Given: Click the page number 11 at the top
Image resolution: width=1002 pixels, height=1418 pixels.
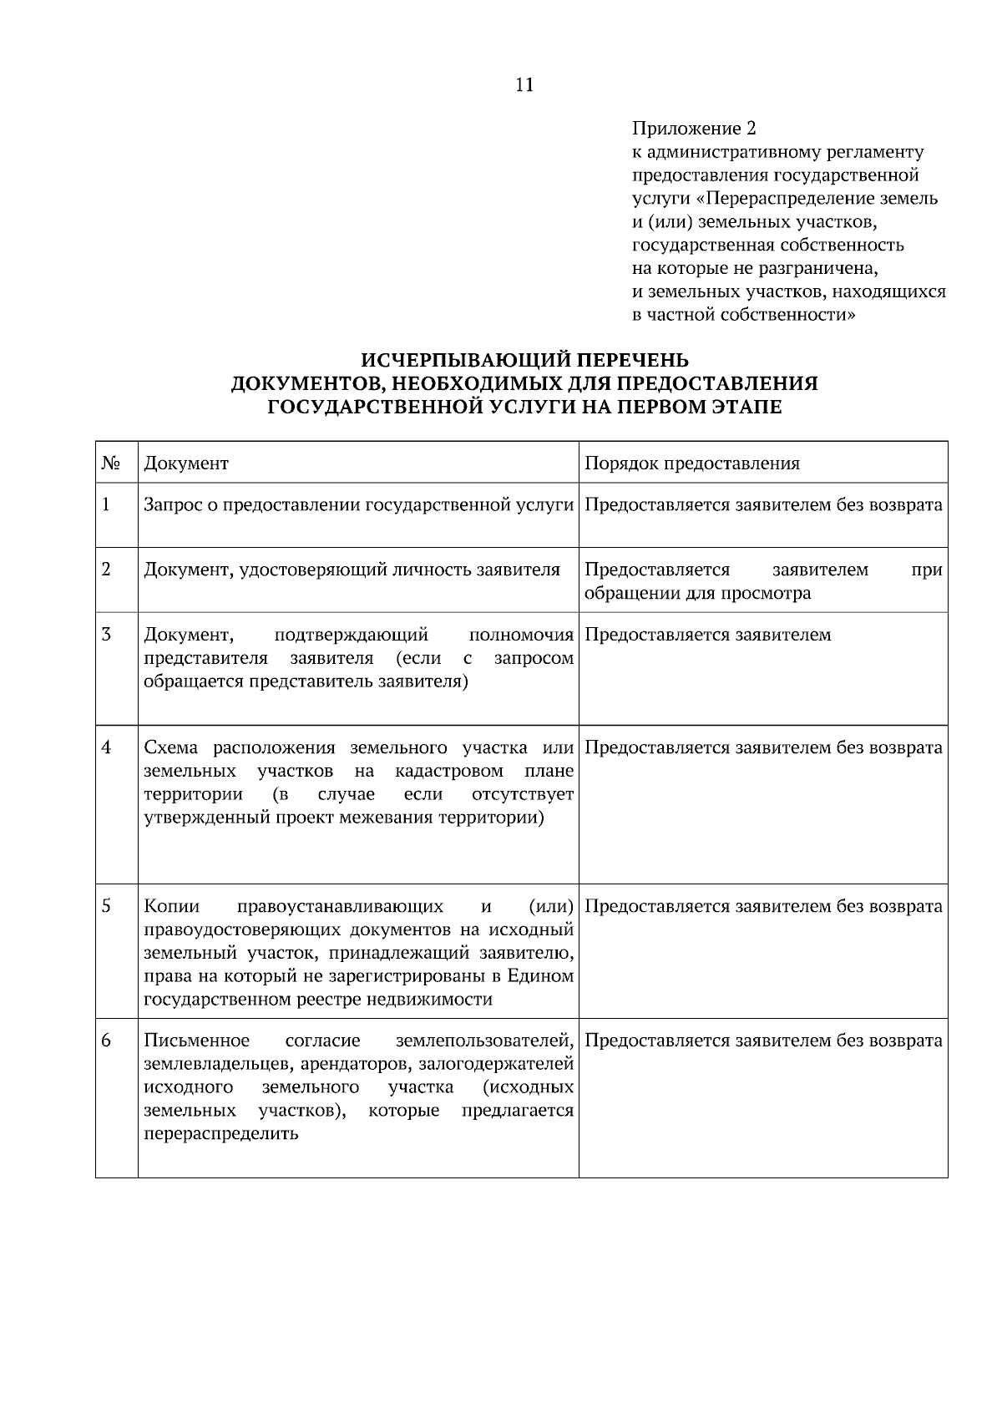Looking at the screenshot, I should coord(524,85).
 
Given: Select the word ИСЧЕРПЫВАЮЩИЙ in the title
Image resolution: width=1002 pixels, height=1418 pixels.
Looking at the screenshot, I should coord(442,360).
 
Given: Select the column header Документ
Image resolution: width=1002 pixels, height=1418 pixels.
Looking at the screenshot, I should coord(186,463).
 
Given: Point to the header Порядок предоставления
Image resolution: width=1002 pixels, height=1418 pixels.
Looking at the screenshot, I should coord(692,463).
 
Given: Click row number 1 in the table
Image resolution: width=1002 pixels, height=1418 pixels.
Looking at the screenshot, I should coord(106,504).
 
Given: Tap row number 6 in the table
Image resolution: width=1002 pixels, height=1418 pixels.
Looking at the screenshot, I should coord(106,1041).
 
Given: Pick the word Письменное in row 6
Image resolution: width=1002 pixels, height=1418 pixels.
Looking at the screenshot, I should coord(197,1041).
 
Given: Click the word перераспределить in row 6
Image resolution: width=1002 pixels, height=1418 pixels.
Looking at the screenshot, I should coord(221,1134).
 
